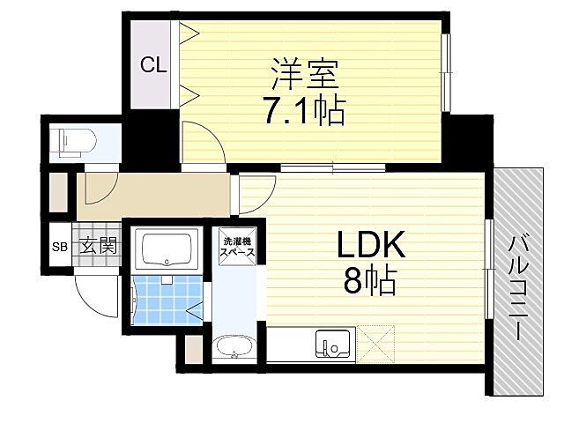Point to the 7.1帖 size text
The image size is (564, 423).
tap(301, 110)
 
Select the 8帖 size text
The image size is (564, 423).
tap(367, 282)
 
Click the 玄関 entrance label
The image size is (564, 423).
tap(99, 245)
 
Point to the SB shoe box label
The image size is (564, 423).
tap(60, 246)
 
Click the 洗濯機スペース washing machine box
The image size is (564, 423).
tap(238, 247)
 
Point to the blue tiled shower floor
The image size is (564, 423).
tap(164, 300)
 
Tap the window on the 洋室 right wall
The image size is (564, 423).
tap(447, 75)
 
